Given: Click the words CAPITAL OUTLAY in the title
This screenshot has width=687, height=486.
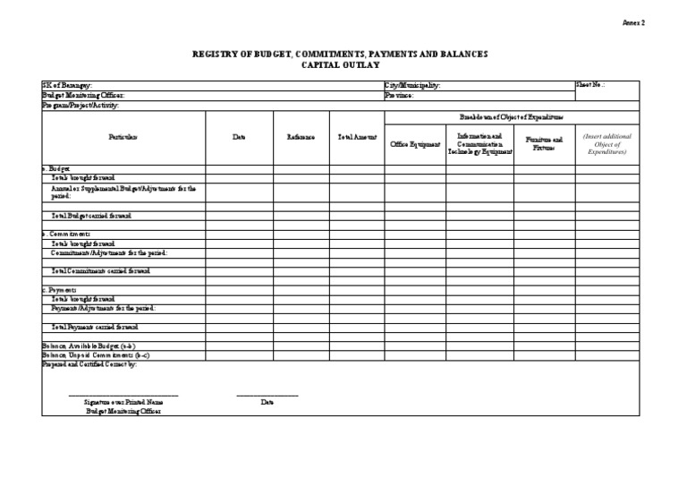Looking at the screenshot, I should pyautogui.click(x=340, y=66).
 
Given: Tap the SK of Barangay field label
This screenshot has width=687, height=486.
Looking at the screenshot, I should pyautogui.click(x=66, y=85).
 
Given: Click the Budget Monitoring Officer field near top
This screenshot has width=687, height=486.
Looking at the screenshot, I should pyautogui.click(x=77, y=95).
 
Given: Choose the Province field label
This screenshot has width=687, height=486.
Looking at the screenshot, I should pyautogui.click(x=399, y=95).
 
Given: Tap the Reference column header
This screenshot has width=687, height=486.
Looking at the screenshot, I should pyautogui.click(x=301, y=137).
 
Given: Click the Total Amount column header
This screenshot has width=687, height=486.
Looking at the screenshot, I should pyautogui.click(x=357, y=137).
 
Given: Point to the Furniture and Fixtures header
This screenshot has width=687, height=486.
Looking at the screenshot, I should pyautogui.click(x=544, y=143).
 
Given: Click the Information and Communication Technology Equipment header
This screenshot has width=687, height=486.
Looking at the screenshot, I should pyautogui.click(x=479, y=143).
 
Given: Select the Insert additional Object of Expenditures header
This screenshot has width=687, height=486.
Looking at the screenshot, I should pyautogui.click(x=606, y=143).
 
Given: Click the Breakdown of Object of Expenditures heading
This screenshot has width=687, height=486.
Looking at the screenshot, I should pyautogui.click(x=511, y=117).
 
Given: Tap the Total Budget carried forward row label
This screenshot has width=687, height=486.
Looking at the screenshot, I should pyautogui.click(x=91, y=216).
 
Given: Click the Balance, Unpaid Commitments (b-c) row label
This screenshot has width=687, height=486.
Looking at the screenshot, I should pyautogui.click(x=89, y=354).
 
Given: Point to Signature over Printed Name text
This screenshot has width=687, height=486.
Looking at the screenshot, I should pyautogui.click(x=123, y=403).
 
